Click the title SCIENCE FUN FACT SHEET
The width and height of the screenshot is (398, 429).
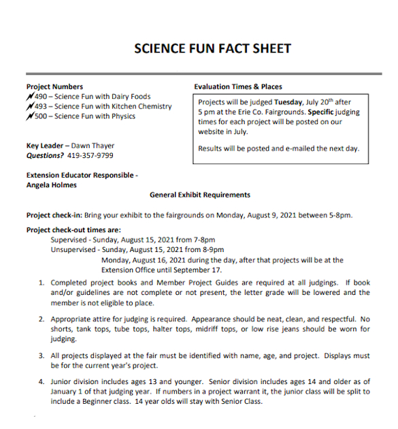coord(212,48)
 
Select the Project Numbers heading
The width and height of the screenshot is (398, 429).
coord(54,86)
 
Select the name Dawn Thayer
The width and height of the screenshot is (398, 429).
coord(93,146)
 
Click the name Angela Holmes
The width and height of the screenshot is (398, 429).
coord(52,185)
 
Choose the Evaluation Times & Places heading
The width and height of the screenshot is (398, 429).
coord(237,86)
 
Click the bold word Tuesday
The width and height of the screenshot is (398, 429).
coord(288,101)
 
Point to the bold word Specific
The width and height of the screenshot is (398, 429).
coord(323,112)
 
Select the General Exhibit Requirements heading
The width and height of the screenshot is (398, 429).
coord(199,195)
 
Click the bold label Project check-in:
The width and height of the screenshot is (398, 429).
coord(54,215)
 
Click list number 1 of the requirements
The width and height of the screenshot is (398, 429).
coord(42,282)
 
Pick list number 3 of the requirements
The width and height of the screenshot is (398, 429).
coord(42,355)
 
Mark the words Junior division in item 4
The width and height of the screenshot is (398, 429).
coord(73,382)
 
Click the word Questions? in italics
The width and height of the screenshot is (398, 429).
coord(45,155)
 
